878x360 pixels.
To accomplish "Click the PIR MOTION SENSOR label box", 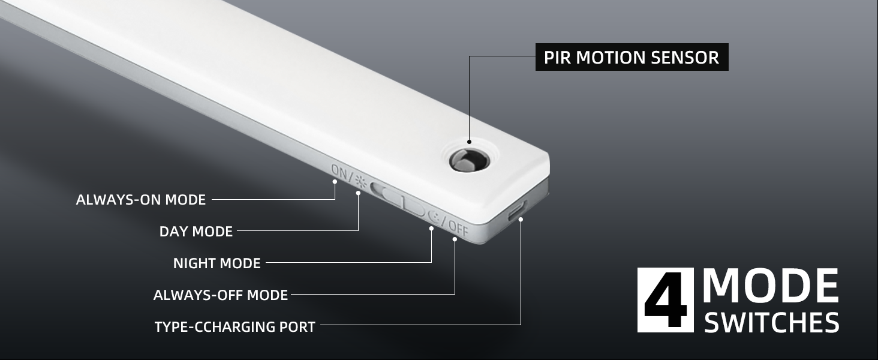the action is coord(632,57).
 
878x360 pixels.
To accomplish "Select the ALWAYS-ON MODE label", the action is coord(141,200).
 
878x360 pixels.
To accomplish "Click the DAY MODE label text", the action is coord(196,232).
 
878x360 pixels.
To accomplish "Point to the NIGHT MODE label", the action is coord(217,263).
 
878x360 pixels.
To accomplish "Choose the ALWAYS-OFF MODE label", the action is coord(221,295).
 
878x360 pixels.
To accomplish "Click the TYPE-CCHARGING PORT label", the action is coord(235,327).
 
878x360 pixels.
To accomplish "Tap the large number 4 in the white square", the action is coord(665,300).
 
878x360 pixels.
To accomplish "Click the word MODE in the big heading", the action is coord(771,287).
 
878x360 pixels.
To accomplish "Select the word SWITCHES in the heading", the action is coord(771,323).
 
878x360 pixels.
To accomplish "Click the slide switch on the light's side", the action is coord(399,199).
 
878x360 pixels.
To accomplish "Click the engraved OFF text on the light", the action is coord(458,228).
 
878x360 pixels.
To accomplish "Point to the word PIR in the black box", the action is coord(557,57).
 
